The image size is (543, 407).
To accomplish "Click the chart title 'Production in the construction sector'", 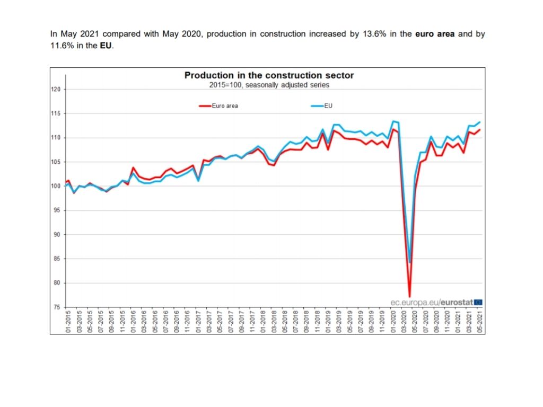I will (269, 75).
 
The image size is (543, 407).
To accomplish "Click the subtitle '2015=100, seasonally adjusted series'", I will (269, 84).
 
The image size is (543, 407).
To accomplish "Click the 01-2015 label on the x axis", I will (68, 322).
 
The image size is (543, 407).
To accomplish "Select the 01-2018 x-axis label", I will (262, 322).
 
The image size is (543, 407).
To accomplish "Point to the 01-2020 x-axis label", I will (393, 322).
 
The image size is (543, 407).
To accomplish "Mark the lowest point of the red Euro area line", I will (409, 296).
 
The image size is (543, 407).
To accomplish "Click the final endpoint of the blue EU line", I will (479, 122).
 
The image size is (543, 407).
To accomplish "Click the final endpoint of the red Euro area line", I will (479, 130).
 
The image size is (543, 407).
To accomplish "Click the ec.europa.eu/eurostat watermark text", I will (432, 302).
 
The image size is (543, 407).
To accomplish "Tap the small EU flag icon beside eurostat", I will (479, 302).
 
